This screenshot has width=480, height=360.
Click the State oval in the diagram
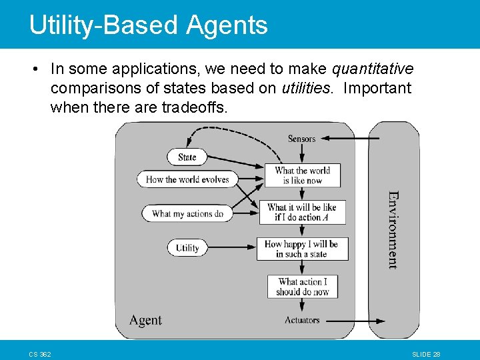click(x=187, y=157)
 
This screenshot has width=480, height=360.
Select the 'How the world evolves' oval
click(x=187, y=179)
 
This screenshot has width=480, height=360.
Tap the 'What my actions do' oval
click(x=187, y=214)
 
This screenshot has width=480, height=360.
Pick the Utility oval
click(x=187, y=248)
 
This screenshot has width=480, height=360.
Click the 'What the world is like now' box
click(x=302, y=175)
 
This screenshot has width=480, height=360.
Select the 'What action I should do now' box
click(x=303, y=287)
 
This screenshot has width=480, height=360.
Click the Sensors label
click(x=301, y=139)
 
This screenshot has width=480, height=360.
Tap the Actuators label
click(x=302, y=320)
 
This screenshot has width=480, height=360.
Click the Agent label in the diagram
click(x=145, y=320)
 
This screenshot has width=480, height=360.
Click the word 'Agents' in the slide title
click(x=227, y=25)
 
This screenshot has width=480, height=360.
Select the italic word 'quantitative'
click(x=373, y=69)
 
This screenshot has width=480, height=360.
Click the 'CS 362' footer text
click(x=40, y=353)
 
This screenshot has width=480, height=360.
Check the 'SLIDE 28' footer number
click(x=427, y=353)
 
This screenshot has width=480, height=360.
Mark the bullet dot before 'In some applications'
click(x=33, y=69)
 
